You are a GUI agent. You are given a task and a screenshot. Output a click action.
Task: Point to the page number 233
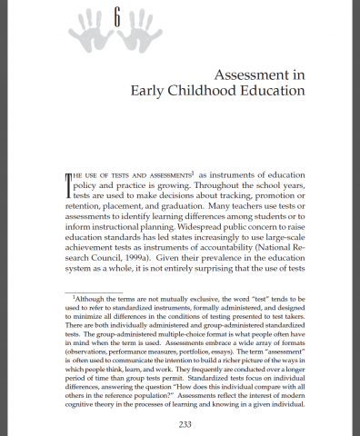tap(179, 421)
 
